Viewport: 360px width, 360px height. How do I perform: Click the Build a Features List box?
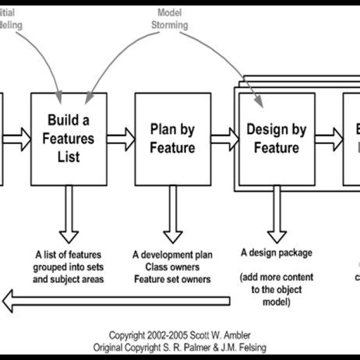pos(68,139)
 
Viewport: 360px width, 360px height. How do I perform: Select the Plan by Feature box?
pos(172,139)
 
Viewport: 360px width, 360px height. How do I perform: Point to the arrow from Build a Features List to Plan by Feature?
pos(120,139)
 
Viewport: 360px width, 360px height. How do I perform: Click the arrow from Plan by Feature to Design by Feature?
pos(224,139)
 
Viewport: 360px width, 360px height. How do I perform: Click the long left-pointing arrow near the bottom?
pos(117,300)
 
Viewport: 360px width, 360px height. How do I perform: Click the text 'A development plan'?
pos(172,254)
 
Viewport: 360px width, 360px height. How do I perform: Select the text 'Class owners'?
pos(172,266)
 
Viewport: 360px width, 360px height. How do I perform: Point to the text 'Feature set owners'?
pos(172,277)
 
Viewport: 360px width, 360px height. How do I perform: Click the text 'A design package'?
pos(275,252)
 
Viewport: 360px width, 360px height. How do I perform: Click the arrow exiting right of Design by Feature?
pos(329,139)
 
